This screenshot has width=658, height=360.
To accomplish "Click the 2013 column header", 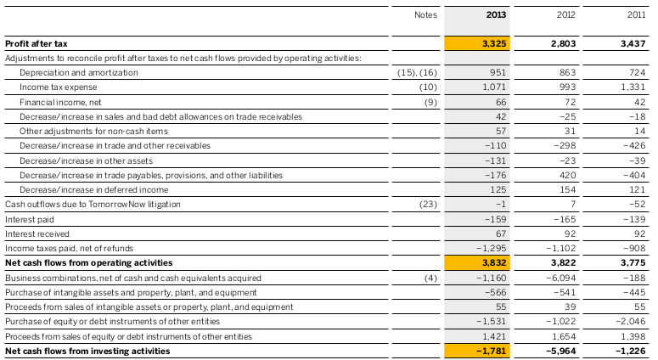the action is [x=496, y=14].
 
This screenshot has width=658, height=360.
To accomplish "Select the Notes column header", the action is [x=425, y=14].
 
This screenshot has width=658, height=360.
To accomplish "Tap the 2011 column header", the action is [x=636, y=14].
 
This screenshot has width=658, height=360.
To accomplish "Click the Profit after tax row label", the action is [x=37, y=43].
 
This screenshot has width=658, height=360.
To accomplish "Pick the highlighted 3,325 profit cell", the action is [x=477, y=43].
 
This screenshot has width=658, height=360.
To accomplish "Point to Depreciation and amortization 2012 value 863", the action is [x=567, y=72].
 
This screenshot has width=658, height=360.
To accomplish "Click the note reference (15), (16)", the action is [x=417, y=72].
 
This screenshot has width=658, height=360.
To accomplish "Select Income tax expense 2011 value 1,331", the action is [x=633, y=87].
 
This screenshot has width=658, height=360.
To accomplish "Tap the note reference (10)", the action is [x=428, y=87].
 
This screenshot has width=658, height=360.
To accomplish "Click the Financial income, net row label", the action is [x=60, y=102].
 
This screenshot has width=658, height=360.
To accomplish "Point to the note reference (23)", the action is [x=428, y=205].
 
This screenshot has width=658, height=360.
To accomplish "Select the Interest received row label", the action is [x=37, y=233].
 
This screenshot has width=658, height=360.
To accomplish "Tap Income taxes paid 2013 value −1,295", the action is [x=492, y=249].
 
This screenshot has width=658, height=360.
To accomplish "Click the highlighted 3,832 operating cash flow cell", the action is [x=477, y=263].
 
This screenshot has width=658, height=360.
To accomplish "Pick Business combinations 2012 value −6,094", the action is [x=561, y=278].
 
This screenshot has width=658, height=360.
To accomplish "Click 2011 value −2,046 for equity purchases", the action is [x=631, y=322].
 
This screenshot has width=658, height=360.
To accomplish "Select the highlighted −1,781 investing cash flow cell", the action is [x=477, y=351].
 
